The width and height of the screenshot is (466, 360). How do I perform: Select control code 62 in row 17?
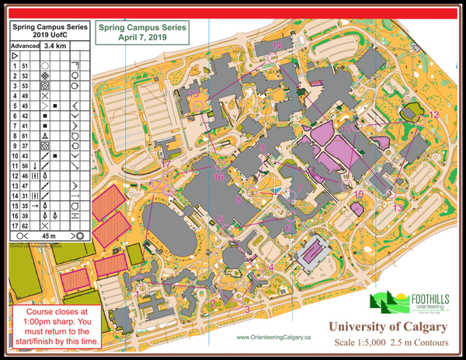click(26, 225)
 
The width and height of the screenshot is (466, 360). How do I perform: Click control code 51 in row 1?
click(26, 67)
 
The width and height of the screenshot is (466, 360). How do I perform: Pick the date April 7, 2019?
click(142, 36)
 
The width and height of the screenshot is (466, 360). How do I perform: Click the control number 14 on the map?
click(277, 47)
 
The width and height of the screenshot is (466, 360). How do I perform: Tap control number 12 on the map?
click(434, 115)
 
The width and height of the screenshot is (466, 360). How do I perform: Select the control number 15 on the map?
click(194, 95)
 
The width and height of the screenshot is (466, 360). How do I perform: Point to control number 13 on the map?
click(398, 208)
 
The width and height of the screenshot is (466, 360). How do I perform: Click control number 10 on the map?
click(358, 194)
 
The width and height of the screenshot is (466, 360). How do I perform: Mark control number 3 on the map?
click(247, 310)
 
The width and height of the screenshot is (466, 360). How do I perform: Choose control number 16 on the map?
click(219, 178)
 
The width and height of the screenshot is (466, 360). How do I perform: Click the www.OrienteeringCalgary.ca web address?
click(273, 337)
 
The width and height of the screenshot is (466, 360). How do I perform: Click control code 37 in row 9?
click(26, 145)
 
